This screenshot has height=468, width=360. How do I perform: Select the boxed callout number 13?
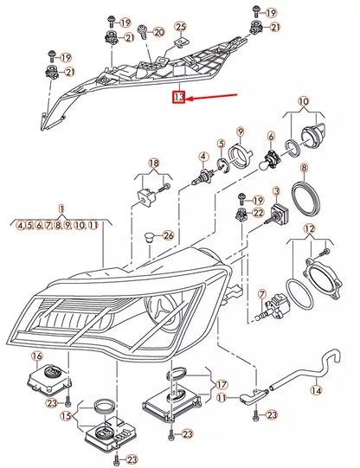point(179,98)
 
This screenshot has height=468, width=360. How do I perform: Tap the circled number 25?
point(180,28)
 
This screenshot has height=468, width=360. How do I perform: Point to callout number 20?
point(158,32)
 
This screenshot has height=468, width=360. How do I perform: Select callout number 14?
point(316,390)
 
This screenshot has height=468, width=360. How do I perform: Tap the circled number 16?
point(36,356)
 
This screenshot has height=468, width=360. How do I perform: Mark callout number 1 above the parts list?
point(61,209)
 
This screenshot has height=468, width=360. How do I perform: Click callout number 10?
point(303,102)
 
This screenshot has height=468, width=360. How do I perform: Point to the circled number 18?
point(153,163)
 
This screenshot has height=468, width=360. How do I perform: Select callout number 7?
point(260,295)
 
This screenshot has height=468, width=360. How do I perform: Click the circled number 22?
point(258,213)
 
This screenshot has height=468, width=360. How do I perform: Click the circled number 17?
point(222,384)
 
